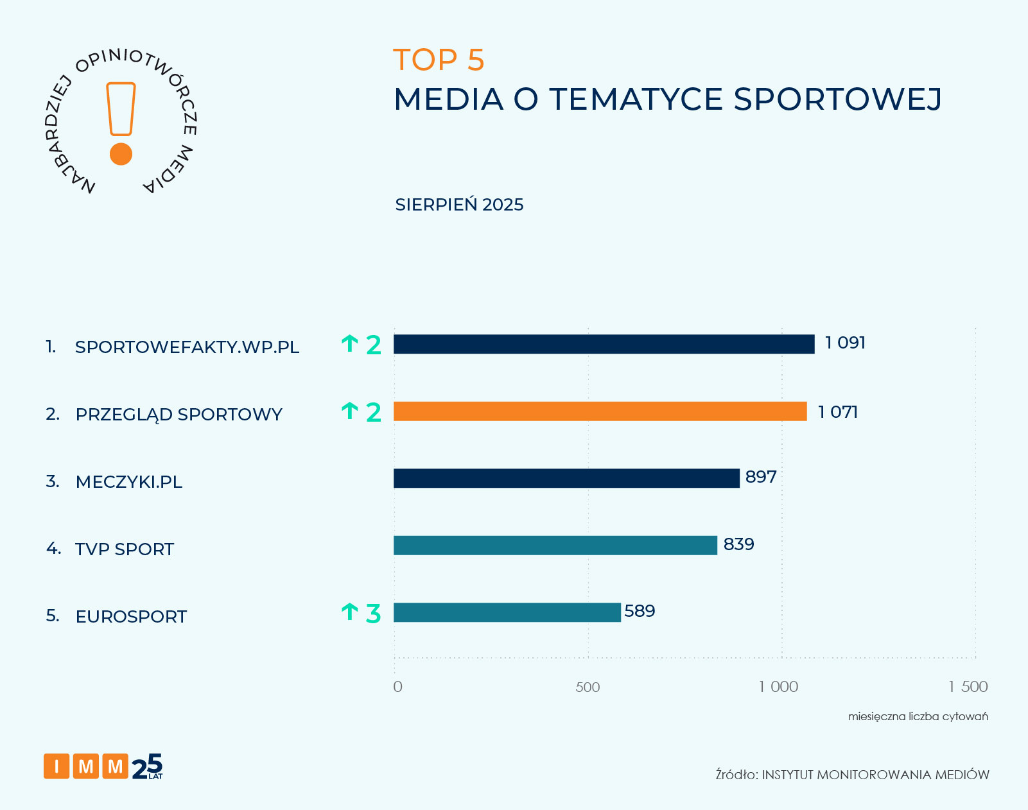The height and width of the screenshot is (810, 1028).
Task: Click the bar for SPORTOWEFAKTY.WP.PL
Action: click(x=604, y=344)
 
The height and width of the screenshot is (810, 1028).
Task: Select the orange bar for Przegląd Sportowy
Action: click(x=600, y=411)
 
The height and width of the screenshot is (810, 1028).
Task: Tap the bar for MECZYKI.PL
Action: click(x=566, y=478)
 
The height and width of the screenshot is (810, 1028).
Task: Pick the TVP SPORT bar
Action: click(x=555, y=546)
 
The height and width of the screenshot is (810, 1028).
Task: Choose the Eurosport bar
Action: click(x=507, y=612)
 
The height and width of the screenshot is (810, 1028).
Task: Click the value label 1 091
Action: click(x=845, y=343)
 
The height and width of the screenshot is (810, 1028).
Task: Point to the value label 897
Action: click(x=761, y=477)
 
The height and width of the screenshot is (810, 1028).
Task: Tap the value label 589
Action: click(x=640, y=611)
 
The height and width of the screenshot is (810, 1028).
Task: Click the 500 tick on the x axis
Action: click(x=588, y=687)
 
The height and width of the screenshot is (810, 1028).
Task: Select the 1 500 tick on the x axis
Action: click(x=968, y=687)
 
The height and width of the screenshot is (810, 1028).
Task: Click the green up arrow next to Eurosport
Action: click(x=349, y=612)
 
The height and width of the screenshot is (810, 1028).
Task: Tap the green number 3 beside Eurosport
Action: click(x=373, y=614)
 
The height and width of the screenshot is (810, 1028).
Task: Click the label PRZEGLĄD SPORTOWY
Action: click(x=179, y=415)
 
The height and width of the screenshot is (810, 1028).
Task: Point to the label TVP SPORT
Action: click(x=125, y=549)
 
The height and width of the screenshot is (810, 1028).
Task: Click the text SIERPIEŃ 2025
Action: click(x=459, y=205)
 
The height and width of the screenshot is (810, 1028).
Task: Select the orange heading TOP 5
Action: click(x=439, y=60)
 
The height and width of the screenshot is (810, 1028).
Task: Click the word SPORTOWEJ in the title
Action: click(x=837, y=99)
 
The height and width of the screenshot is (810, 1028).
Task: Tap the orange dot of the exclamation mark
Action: click(x=121, y=154)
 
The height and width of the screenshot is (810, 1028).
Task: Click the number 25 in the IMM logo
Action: click(x=147, y=766)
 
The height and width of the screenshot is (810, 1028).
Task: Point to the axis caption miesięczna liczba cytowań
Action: click(x=918, y=716)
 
